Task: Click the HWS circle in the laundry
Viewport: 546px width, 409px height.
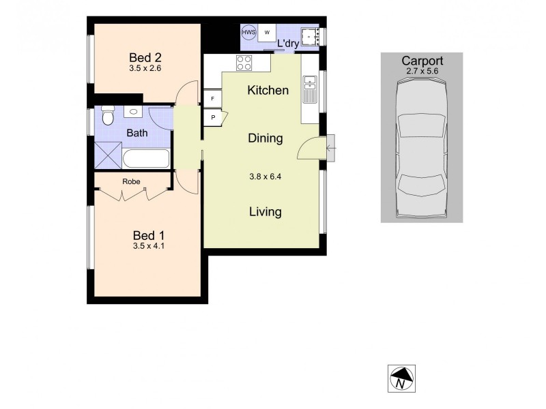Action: pyautogui.click(x=248, y=33)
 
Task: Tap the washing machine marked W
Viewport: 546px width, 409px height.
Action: pyautogui.click(x=267, y=33)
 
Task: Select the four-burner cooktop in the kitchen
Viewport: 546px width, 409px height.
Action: pyautogui.click(x=244, y=63)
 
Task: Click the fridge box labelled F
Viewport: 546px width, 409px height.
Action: pyautogui.click(x=213, y=99)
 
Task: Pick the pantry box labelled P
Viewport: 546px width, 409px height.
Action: pyautogui.click(x=213, y=117)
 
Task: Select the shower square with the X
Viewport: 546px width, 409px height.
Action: pyautogui.click(x=107, y=155)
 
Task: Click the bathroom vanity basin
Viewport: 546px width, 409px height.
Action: pyautogui.click(x=132, y=112)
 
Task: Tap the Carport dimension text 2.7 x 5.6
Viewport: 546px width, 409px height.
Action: pyautogui.click(x=422, y=70)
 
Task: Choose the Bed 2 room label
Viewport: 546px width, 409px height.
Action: pyautogui.click(x=145, y=57)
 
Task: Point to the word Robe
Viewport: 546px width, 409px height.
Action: pyautogui.click(x=131, y=182)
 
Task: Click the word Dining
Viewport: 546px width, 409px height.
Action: pyautogui.click(x=265, y=138)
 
